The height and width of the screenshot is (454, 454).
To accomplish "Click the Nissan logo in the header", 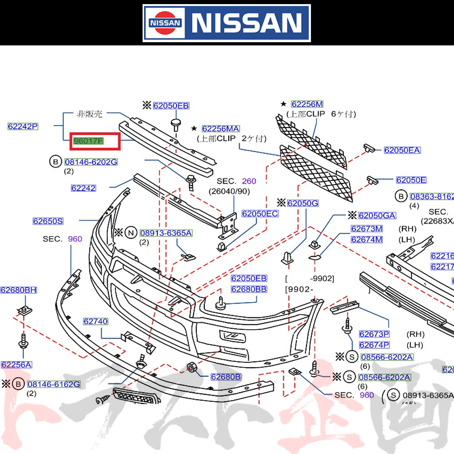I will [226, 23].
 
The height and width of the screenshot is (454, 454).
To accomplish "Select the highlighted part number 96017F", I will [89, 141].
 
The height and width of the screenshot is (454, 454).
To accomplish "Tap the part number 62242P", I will [23, 126].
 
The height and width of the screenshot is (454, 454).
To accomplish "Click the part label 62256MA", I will [221, 129].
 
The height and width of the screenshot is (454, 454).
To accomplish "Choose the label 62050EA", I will [402, 150].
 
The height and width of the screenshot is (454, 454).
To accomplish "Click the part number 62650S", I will [48, 221].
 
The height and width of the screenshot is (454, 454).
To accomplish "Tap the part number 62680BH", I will [19, 290].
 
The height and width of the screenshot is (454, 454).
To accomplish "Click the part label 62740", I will [95, 321].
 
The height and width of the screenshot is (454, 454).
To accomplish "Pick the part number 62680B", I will [226, 376].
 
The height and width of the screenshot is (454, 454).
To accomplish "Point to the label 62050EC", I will [260, 213].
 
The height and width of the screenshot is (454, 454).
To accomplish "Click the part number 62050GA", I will [377, 216].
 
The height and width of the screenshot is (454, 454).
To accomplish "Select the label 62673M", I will [366, 228].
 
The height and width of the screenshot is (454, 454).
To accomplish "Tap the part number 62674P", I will [374, 345].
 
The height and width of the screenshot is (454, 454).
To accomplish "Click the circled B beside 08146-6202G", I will [55, 162].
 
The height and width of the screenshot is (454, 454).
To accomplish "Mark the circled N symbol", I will [131, 233].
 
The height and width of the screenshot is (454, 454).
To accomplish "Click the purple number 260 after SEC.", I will [249, 181].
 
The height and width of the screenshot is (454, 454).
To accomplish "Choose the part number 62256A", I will [16, 365].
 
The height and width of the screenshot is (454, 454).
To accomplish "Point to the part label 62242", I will [83, 188].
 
